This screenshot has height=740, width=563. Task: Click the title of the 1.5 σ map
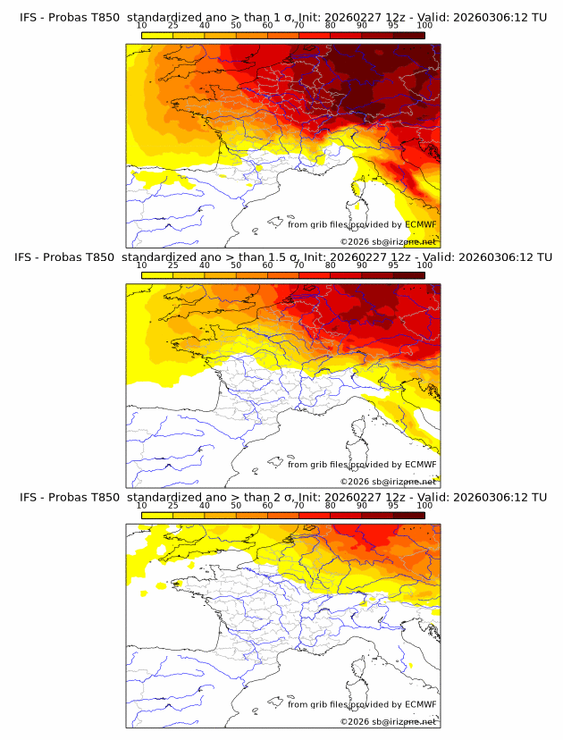tap(283, 257)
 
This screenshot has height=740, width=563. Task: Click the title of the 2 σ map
tap(283, 497)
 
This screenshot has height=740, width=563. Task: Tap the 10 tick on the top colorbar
tap(142, 27)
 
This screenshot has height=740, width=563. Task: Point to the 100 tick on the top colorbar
tap(424, 27)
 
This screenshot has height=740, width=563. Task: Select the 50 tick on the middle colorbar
tap(236, 266)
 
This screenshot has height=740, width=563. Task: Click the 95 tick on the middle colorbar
tap(393, 266)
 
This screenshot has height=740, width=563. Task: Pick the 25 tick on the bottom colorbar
tap(173, 506)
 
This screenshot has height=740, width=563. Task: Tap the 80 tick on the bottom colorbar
tap(331, 506)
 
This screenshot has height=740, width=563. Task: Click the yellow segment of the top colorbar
tap(157, 35)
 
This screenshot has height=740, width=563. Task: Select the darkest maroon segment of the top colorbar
tap(409, 35)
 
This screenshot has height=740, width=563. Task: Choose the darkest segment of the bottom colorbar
tap(409, 514)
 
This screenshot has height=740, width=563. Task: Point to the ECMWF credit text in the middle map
tap(362, 465)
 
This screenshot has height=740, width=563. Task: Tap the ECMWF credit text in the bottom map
tap(362, 704)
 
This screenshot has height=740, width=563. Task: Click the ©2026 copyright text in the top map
tap(388, 242)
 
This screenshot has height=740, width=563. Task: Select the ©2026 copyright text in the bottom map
tap(388, 721)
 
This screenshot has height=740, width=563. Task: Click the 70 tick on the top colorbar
tap(298, 27)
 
